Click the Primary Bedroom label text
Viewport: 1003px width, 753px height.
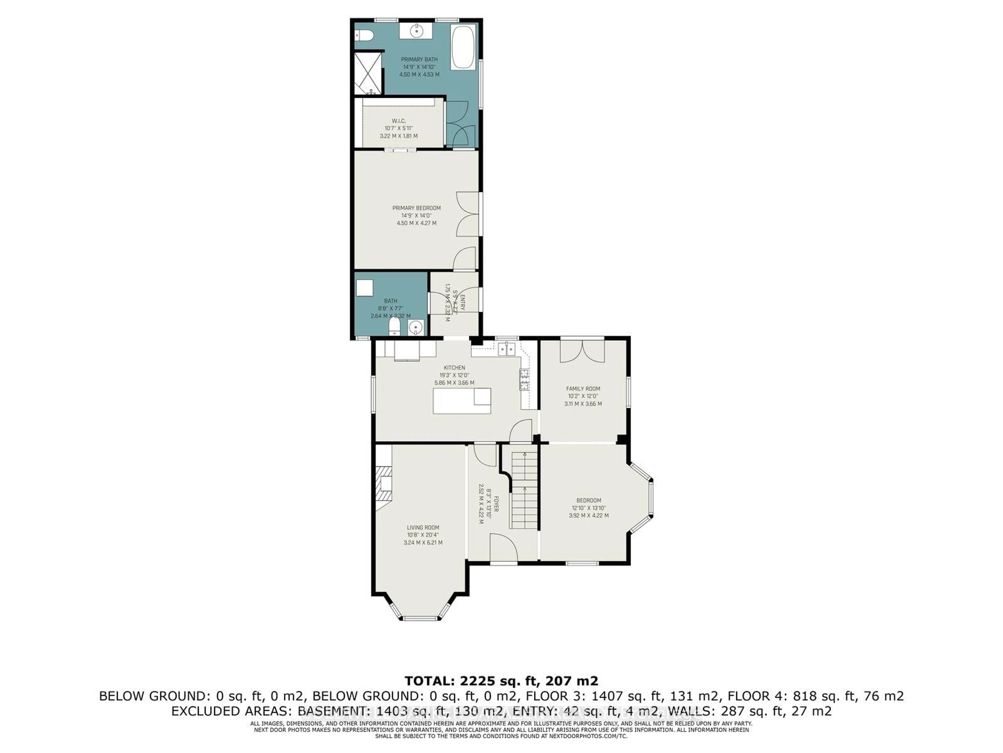coord(416,208)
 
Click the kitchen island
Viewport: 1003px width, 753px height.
coord(462,401)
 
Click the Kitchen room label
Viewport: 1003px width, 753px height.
coord(454,368)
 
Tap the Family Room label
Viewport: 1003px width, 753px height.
coord(583,389)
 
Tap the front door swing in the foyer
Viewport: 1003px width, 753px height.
coord(504,548)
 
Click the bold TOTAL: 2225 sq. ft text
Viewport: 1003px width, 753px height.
coord(501,681)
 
